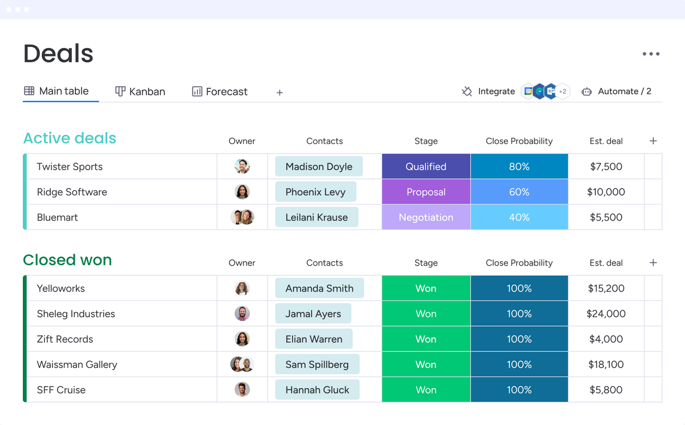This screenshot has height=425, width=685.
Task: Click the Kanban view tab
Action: pos(140,91)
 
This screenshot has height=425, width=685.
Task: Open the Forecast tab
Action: pos(220,91)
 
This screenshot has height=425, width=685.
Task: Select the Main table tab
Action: pos(57,91)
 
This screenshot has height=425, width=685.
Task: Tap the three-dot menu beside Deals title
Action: pos(651,54)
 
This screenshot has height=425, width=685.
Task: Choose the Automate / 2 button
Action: pos(616,91)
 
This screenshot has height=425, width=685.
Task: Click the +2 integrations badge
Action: pos(562,91)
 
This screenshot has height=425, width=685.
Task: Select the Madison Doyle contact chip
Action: pos(319,167)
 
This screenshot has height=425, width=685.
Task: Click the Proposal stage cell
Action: pos(426,192)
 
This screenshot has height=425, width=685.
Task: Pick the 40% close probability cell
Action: pos(519,217)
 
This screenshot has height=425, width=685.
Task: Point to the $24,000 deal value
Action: pos(606,314)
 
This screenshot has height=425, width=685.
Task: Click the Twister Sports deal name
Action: pos(70,167)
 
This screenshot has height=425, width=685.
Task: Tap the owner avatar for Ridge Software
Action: pos(242,192)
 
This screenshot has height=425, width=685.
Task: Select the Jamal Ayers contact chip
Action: pos(313,314)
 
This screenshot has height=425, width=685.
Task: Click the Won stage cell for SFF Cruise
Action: pos(426,390)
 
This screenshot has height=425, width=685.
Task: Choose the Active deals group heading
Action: pos(70,138)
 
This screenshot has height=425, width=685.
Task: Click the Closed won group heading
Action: pos(67,260)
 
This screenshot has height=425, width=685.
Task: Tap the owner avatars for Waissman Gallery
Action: pos(242,364)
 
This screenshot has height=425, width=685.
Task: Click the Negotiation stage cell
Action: pos(426,217)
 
